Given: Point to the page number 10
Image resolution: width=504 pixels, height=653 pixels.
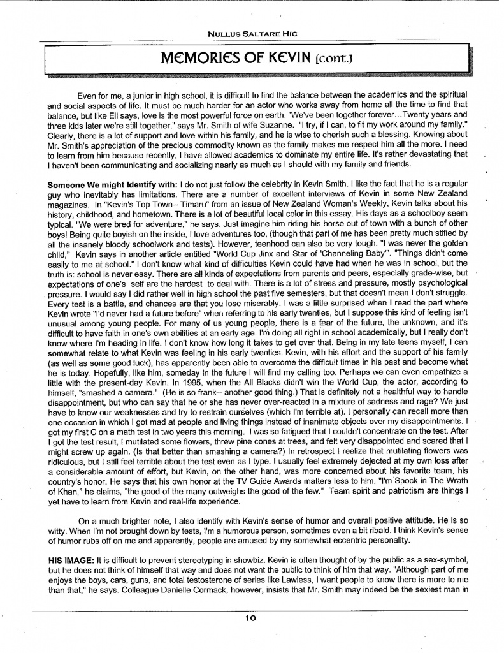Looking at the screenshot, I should pyautogui.click(x=251, y=617).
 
